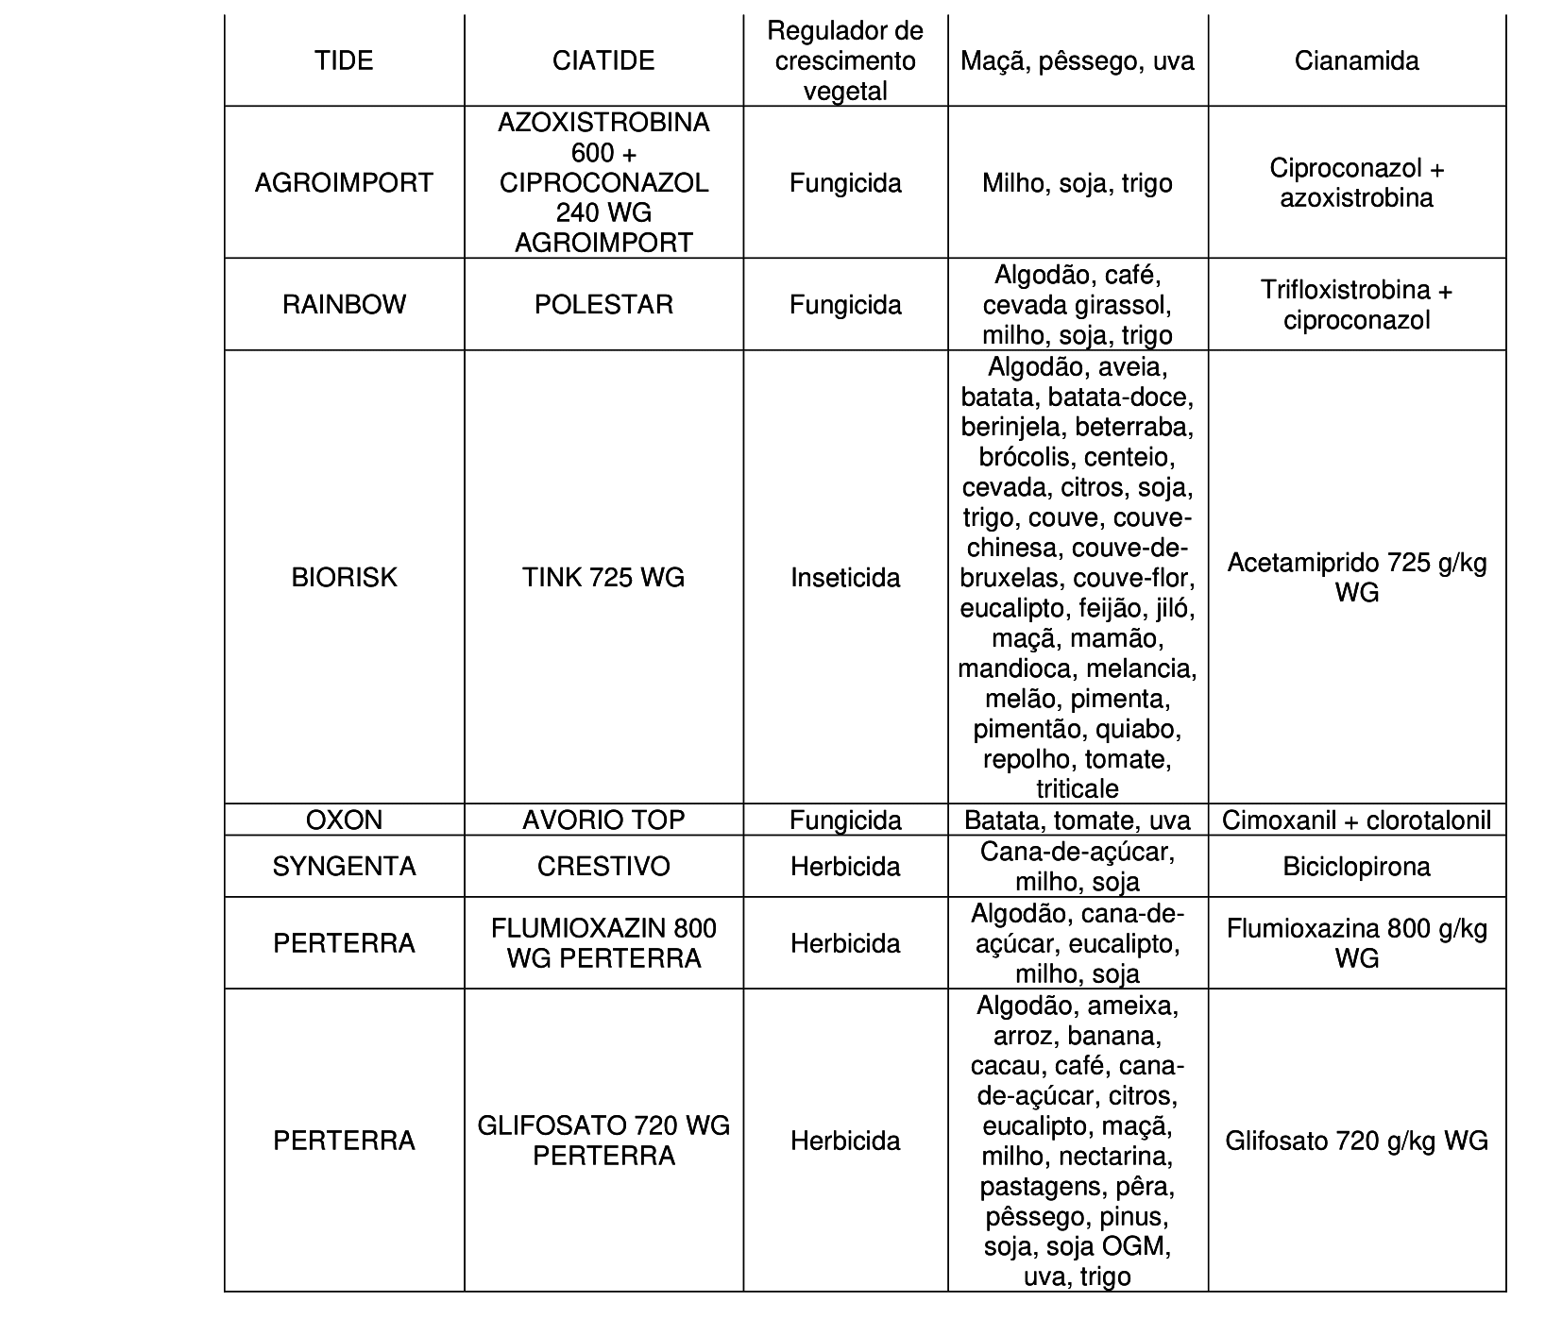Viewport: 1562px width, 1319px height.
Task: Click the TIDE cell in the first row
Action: pos(344,61)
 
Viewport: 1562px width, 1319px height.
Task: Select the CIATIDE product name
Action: pos(603,61)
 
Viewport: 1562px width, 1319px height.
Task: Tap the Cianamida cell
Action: pos(1356,61)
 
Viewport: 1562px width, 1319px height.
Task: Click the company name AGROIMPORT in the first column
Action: pos(344,182)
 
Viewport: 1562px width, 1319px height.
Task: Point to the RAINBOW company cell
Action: pos(344,304)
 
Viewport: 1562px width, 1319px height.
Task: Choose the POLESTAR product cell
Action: pos(603,304)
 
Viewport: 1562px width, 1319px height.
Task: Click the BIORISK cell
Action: pos(344,577)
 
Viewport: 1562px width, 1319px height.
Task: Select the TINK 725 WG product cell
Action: pos(603,577)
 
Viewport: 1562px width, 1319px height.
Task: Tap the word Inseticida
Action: pos(845,577)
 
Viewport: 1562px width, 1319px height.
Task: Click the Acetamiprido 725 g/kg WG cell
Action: pos(1356,577)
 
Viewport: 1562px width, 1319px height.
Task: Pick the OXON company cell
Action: pos(344,820)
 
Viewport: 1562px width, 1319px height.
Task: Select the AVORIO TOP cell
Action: pos(603,820)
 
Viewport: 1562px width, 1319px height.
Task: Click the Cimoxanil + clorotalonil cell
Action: pos(1356,820)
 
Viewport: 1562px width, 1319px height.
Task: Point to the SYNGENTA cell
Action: pos(344,866)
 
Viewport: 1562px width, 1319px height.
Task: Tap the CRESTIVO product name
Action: pos(603,866)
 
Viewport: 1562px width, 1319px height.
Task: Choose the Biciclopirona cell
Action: pos(1356,866)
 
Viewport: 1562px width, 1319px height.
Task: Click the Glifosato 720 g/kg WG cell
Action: pos(1356,1141)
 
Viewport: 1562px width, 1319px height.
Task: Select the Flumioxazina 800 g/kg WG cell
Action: pos(1356,943)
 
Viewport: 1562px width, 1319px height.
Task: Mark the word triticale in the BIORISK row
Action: pos(1077,788)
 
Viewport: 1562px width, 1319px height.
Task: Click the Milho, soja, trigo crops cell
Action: pos(1077,182)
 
